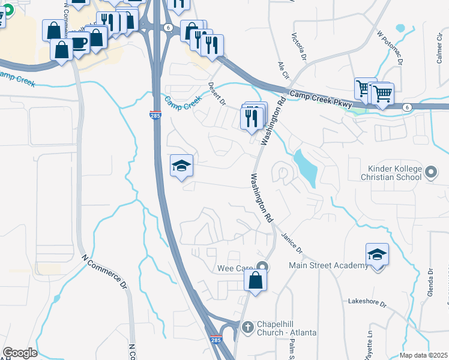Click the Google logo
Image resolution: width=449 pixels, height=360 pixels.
pos(20,353)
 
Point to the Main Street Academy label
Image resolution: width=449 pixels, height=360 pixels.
pos(328,266)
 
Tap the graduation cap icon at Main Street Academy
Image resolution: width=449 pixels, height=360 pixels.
pos(377,254)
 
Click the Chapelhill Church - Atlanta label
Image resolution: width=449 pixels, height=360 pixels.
pos(286,328)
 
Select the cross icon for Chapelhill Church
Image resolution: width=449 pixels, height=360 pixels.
pos(247,328)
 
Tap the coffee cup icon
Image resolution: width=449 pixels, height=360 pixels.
pos(78,43)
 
